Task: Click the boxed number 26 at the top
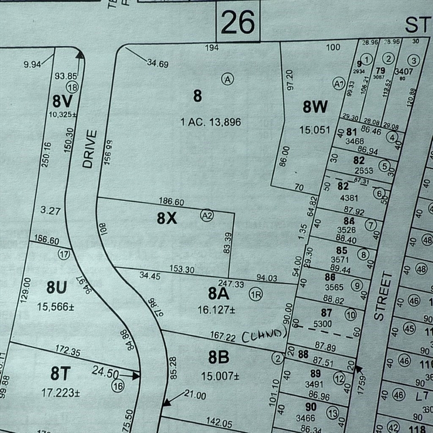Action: (x=237, y=22)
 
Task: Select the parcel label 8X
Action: (x=167, y=218)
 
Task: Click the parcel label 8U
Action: (x=56, y=288)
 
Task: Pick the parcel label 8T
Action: (x=63, y=373)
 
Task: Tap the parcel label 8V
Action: (x=63, y=101)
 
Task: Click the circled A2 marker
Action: (x=207, y=215)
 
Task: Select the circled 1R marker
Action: (x=255, y=294)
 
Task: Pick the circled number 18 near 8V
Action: (x=72, y=87)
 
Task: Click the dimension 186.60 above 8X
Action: (x=172, y=202)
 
